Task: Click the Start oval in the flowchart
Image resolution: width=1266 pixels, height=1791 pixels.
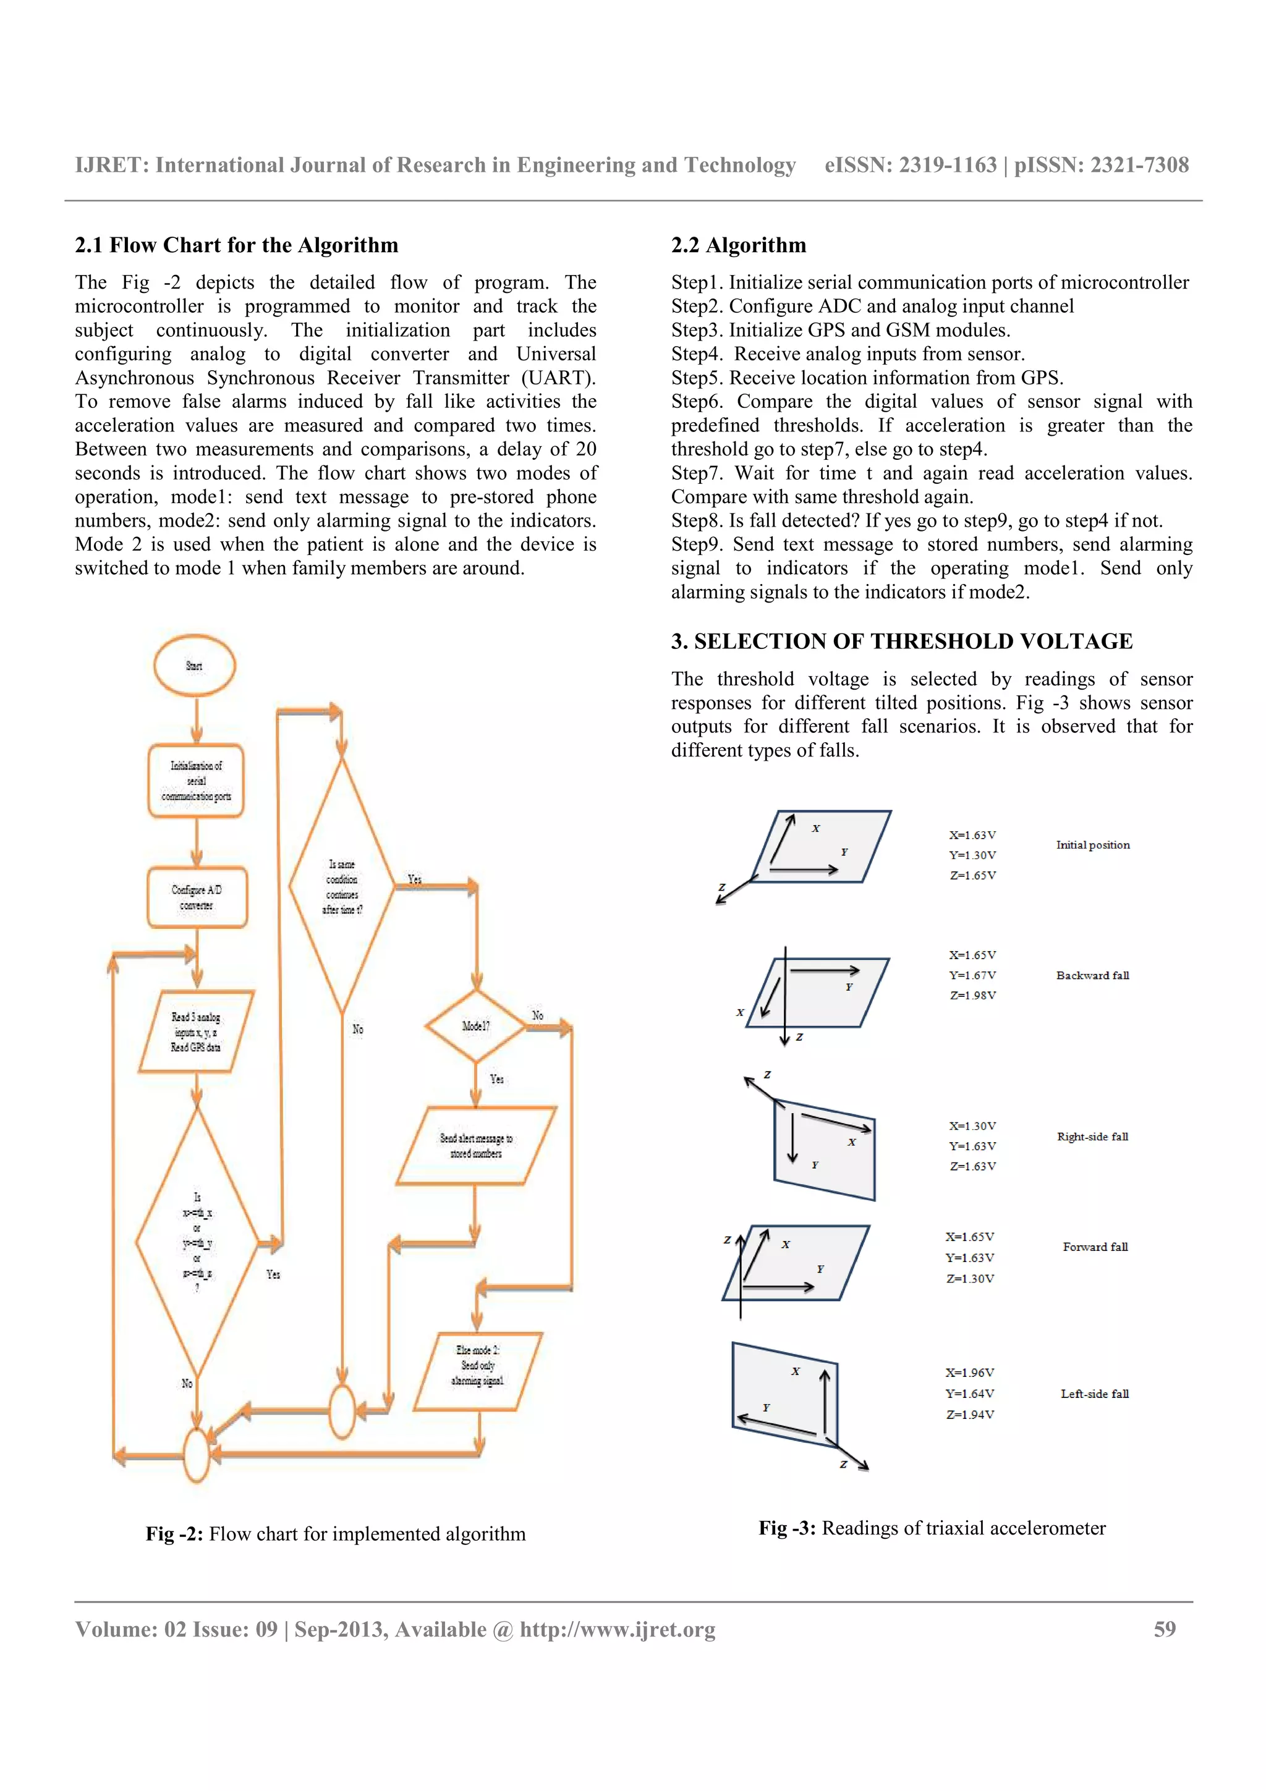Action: pos(194,666)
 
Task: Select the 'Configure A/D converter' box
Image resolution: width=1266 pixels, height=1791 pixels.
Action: pos(197,897)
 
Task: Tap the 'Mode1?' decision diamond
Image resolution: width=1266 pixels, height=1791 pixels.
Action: pos(475,1026)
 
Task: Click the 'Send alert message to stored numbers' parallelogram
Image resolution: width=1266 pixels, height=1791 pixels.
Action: pos(476,1145)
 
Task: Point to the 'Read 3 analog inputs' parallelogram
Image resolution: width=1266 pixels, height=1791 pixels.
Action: pos(196,1032)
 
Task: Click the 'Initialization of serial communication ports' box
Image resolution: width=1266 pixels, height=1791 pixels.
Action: pos(196,781)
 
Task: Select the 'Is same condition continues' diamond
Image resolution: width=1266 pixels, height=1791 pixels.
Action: pos(342,886)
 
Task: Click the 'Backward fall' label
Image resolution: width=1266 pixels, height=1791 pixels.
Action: pos(1092,975)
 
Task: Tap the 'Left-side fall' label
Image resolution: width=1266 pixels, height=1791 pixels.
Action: pos(1094,1393)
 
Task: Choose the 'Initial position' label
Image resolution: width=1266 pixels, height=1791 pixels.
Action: pos(1092,845)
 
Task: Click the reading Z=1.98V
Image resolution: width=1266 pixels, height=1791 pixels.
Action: pos(972,996)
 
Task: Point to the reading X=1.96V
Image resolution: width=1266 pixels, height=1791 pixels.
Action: pos(969,1372)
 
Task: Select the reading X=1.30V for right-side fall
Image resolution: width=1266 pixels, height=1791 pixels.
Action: pos(972,1125)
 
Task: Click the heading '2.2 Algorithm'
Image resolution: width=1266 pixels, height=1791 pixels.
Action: pos(738,245)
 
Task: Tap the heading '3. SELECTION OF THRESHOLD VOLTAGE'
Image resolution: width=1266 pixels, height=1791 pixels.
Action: pos(901,641)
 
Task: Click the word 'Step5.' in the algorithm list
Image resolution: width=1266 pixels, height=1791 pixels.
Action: pos(697,378)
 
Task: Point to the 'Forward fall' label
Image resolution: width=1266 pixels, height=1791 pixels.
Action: pos(1094,1247)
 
